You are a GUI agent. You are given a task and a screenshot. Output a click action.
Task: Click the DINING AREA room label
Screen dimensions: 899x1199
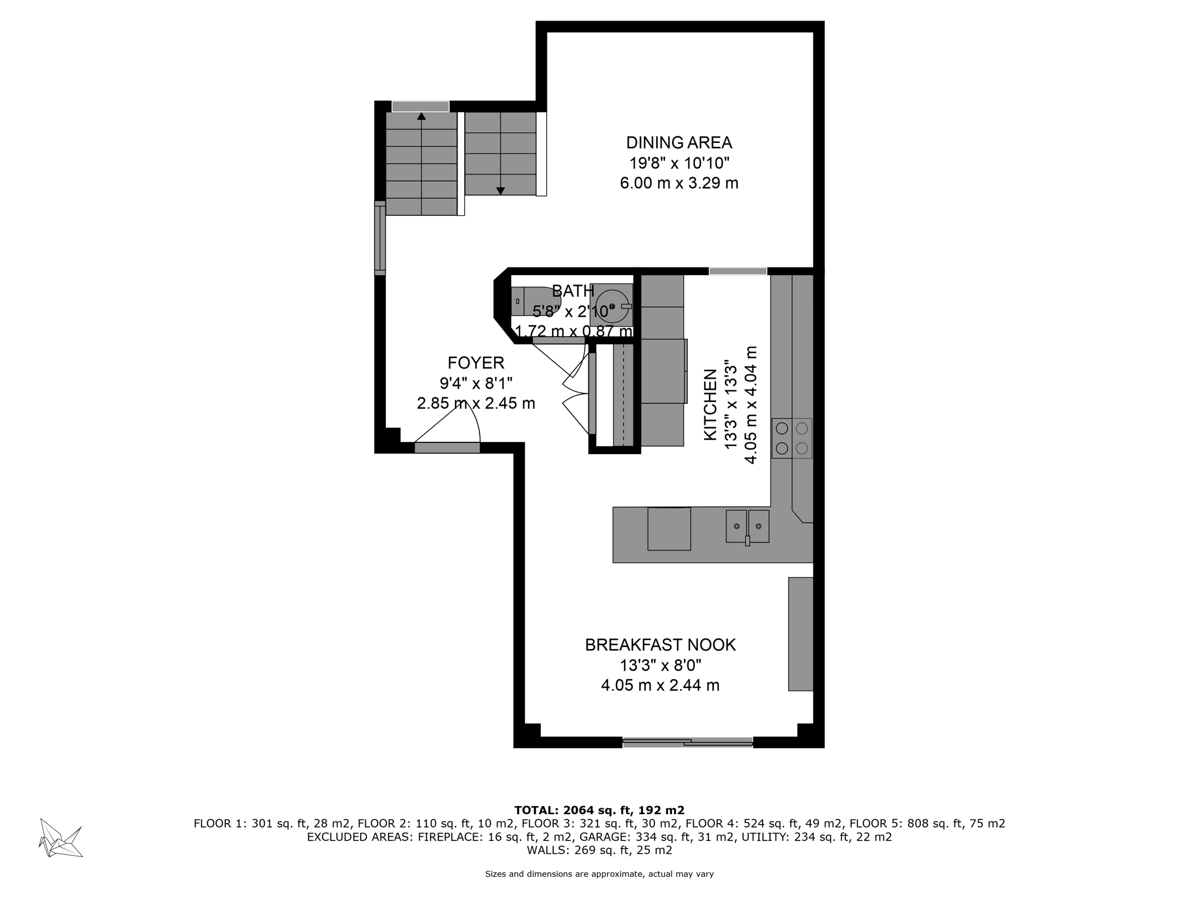(679, 143)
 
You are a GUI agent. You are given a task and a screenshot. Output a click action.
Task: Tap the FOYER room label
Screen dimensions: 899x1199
(475, 363)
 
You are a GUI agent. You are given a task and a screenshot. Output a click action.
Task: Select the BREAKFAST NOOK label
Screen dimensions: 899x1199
(660, 645)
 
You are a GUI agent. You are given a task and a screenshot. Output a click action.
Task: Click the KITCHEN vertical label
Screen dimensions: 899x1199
(710, 404)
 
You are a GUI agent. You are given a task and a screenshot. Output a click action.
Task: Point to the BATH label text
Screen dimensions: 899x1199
(573, 291)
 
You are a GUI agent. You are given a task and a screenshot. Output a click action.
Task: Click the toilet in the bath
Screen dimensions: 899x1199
(535, 301)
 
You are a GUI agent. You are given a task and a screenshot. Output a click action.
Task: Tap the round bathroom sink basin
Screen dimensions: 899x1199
(612, 306)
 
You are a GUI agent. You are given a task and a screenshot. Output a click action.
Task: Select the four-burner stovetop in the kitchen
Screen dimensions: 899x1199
(792, 438)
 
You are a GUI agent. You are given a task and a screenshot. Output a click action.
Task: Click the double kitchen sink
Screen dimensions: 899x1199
(747, 526)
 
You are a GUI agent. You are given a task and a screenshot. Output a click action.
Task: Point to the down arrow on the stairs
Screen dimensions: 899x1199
(501, 191)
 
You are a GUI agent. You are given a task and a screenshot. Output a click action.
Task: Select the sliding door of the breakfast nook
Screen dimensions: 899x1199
(687, 742)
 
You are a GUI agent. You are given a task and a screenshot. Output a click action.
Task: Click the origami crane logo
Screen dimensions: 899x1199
(60, 838)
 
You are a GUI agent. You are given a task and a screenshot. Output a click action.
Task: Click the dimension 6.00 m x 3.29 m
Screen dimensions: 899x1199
(679, 183)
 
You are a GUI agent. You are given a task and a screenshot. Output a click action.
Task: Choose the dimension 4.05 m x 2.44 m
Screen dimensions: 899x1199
(660, 685)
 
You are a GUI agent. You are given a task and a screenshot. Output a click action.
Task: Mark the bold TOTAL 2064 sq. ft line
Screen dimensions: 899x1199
(599, 810)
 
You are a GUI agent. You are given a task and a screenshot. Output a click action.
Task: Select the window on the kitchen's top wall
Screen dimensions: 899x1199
(738, 271)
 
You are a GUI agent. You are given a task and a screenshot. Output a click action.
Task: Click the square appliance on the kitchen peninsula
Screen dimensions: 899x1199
(669, 529)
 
